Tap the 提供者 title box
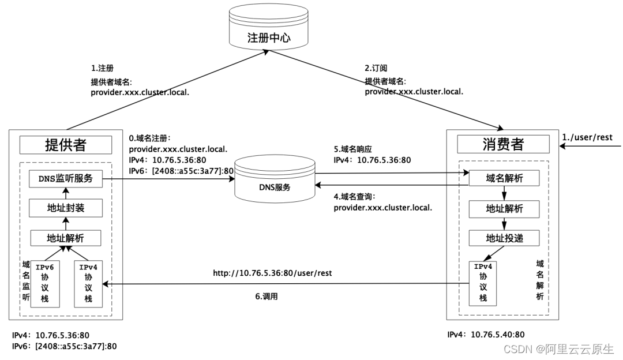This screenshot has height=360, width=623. pos(65,144)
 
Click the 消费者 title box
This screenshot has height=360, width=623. pos(503,144)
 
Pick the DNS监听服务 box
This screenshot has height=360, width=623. pos(65,178)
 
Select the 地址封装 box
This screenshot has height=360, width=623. pos(66,208)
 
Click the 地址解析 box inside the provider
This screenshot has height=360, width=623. pos(66,238)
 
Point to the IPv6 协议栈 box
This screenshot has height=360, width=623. pos(45,283)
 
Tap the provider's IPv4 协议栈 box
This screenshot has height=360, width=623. pos(88,283)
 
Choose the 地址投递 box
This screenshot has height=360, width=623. pos(504,238)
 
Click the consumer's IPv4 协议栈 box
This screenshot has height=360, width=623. pos(483,282)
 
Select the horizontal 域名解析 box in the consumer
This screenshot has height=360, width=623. pos(504,178)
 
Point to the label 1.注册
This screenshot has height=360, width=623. pos(103,67)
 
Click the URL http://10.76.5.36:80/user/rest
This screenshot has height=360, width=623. pos(272,272)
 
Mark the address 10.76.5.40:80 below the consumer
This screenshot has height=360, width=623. pos(498,334)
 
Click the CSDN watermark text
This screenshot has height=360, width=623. pos(558,349)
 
